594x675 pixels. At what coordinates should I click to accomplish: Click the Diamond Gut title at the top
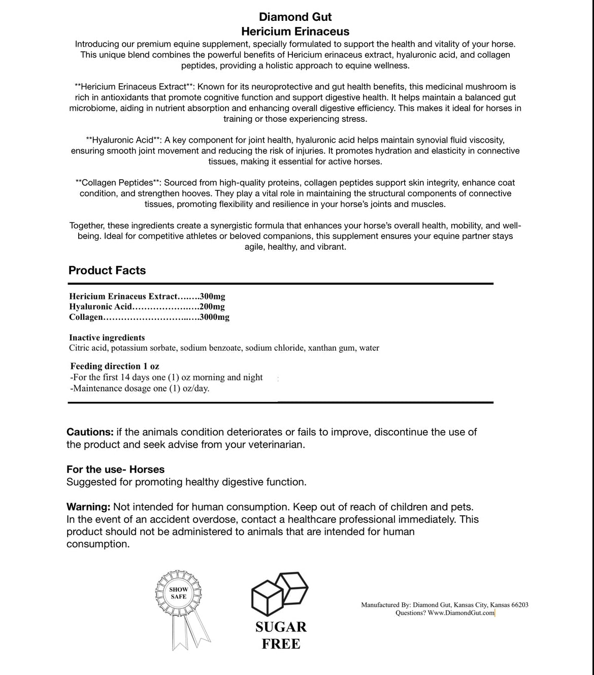295,17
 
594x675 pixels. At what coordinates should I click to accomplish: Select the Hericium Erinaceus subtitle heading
295,31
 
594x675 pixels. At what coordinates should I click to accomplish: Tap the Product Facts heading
107,271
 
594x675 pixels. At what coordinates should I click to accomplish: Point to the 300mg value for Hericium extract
213,296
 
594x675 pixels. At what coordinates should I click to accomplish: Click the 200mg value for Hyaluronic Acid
213,307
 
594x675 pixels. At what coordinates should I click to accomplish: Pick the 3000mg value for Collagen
215,317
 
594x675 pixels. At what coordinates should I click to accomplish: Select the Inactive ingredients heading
107,338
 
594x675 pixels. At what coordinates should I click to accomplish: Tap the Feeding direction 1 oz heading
115,366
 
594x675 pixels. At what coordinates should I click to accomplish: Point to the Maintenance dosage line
140,388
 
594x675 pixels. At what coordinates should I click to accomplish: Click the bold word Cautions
90,432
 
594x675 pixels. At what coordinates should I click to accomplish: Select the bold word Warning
88,507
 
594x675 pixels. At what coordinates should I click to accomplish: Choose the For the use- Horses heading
115,469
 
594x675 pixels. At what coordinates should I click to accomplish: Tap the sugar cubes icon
280,594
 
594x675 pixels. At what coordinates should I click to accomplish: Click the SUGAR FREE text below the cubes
281,635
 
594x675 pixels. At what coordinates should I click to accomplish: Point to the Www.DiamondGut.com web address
461,613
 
